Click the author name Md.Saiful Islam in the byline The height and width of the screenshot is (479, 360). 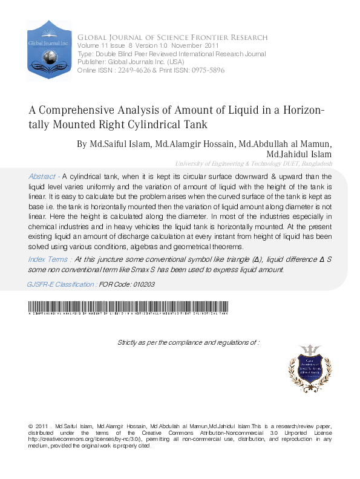(x=120, y=144)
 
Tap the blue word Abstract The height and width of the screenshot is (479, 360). (x=42, y=177)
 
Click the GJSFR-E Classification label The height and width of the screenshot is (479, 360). (x=61, y=284)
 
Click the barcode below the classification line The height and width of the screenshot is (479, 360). (x=127, y=307)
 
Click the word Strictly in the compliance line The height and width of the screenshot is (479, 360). (x=129, y=342)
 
